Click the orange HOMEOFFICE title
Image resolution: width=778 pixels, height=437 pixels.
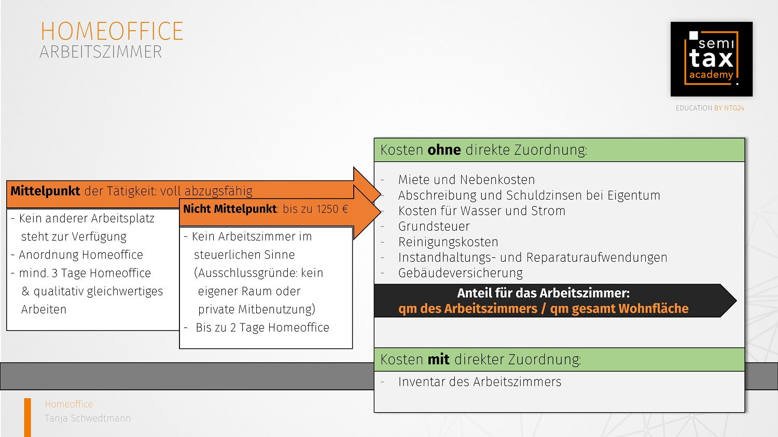[112, 31]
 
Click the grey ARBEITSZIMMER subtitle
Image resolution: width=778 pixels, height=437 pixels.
[101, 52]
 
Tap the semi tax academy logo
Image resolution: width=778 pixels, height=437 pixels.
[711, 59]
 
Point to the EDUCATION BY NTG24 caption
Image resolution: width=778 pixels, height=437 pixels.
[710, 108]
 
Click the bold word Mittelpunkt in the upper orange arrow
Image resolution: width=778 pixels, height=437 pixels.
[45, 191]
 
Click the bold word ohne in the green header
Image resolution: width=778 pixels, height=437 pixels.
[444, 150]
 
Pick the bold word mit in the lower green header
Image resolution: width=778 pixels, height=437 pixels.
[439, 359]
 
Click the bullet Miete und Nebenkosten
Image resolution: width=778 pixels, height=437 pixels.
[466, 179]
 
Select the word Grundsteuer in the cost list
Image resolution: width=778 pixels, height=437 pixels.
[434, 227]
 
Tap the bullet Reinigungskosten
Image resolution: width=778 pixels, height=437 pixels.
[448, 242]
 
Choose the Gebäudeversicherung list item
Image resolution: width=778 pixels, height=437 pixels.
[460, 273]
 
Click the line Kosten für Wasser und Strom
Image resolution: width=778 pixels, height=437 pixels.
[482, 210]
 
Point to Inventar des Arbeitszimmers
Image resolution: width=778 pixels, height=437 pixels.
[480, 382]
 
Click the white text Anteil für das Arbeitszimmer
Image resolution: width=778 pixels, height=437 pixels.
[543, 293]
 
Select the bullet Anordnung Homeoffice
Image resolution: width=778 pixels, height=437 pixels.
[80, 255]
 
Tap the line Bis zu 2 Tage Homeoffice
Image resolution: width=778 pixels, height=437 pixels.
[262, 328]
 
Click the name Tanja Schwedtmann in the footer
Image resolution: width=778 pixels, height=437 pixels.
[88, 418]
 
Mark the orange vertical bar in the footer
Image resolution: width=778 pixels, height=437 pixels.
[27, 418]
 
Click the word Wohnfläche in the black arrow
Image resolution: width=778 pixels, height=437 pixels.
[654, 308]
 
